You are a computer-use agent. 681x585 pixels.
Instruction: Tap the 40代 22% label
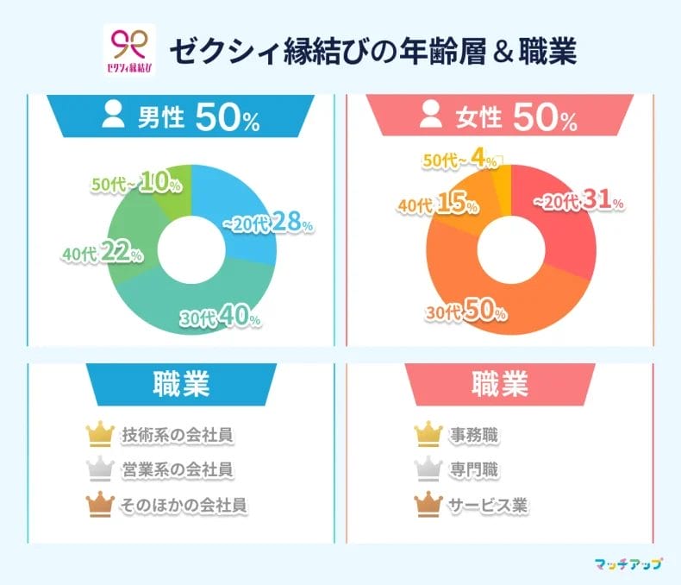(x=102, y=254)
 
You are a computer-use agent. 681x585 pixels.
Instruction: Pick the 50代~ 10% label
(x=135, y=184)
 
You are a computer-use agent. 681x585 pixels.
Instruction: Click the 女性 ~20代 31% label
(x=578, y=201)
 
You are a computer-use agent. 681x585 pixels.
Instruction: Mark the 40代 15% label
(x=437, y=204)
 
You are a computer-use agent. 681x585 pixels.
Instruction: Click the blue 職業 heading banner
(x=181, y=385)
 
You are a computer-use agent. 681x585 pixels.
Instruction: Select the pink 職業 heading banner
(x=500, y=385)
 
